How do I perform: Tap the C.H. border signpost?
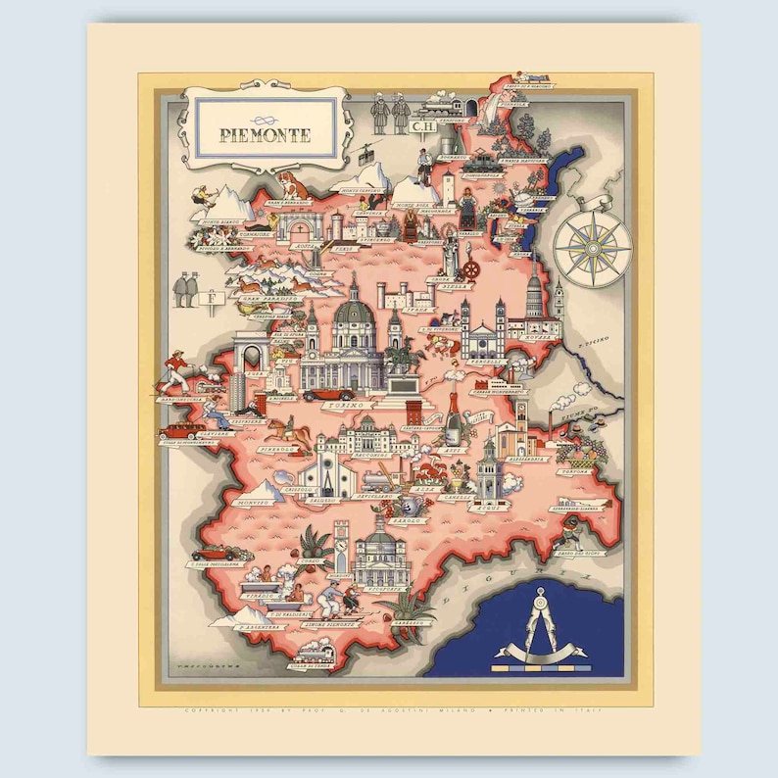421,125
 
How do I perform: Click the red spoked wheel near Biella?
470,270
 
